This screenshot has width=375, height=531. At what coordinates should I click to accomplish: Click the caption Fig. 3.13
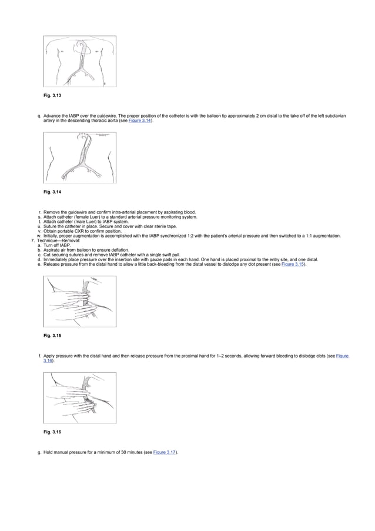[x=52, y=95]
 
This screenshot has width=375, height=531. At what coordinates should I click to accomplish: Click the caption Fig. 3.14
[x=52, y=192]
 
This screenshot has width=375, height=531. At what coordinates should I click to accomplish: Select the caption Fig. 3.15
[x=52, y=335]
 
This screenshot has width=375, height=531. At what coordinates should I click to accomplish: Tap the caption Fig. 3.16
[x=52, y=432]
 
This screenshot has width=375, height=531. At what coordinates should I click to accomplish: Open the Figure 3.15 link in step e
[x=293, y=265]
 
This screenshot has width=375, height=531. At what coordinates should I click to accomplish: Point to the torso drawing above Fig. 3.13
[x=80, y=61]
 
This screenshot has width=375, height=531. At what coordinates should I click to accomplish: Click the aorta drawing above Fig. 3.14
[x=80, y=158]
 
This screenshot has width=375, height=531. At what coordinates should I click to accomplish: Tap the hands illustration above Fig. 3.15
[x=80, y=301]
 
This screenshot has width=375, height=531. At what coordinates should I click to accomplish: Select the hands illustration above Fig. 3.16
[x=80, y=398]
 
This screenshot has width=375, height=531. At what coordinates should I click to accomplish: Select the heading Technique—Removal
[x=62, y=241]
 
